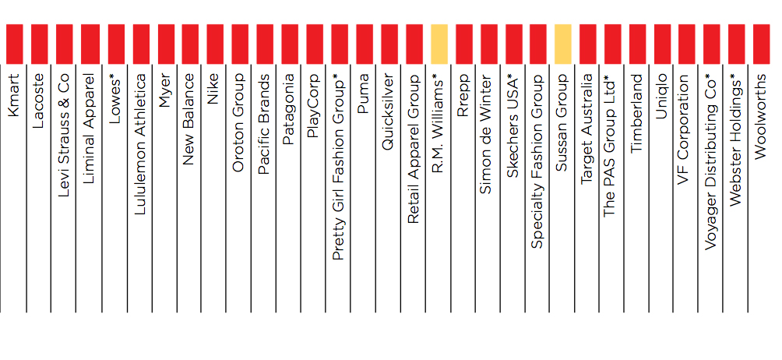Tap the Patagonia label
(288, 109)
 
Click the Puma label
(363, 94)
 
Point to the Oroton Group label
(238, 122)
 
